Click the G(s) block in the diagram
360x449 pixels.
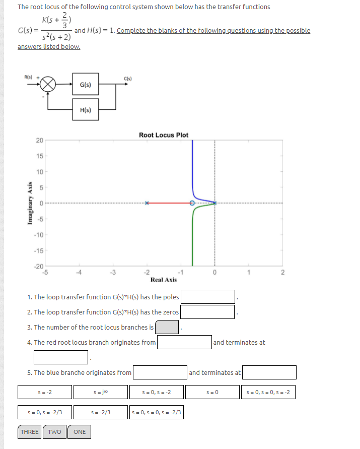click(85, 85)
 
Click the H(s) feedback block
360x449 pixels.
click(85, 110)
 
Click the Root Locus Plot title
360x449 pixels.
click(164, 135)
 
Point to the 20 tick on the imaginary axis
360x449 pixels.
click(39, 140)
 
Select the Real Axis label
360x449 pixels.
click(164, 280)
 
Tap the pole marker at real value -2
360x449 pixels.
click(147, 203)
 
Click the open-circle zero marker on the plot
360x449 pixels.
click(192, 203)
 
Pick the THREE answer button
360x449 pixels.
click(30, 432)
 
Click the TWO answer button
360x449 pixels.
click(54, 432)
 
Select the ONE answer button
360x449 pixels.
click(80, 432)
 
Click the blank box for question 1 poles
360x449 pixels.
click(208, 297)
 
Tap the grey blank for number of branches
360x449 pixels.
click(167, 327)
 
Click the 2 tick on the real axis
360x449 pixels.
click(282, 273)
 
